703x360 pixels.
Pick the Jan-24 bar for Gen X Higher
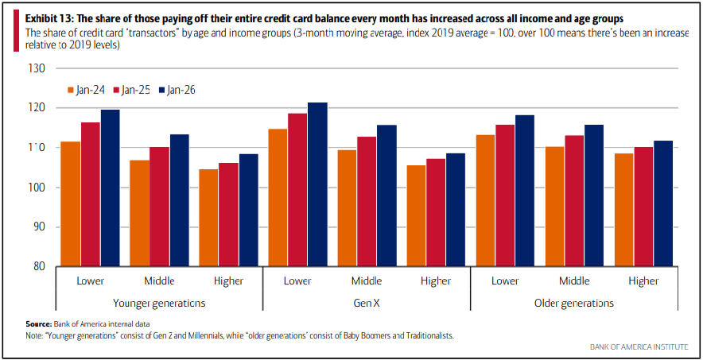(x=417, y=215)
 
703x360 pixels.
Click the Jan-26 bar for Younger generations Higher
(x=249, y=210)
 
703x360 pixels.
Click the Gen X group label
(x=366, y=303)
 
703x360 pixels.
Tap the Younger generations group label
(x=159, y=303)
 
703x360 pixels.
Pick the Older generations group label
(x=574, y=303)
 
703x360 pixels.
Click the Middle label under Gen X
(x=366, y=281)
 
